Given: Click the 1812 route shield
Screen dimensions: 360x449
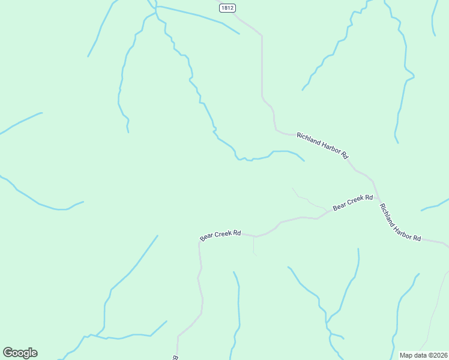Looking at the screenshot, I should pyautogui.click(x=227, y=8).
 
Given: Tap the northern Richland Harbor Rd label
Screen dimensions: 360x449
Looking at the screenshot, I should pyautogui.click(x=322, y=146).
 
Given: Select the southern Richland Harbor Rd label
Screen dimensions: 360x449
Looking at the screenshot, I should pyautogui.click(x=400, y=221).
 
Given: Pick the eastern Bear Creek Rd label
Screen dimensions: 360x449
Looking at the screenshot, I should pyautogui.click(x=353, y=202).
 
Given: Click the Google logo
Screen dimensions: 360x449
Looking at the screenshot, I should pyautogui.click(x=20, y=353).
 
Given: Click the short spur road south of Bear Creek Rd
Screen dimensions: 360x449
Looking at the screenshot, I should pyautogui.click(x=254, y=245).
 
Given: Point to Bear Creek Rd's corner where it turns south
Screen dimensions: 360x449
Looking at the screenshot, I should pyautogui.click(x=199, y=243).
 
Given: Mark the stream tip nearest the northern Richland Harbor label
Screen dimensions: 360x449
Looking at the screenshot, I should pyautogui.click(x=304, y=160).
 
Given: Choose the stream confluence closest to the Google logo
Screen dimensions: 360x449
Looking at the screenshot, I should pyautogui.click(x=86, y=336).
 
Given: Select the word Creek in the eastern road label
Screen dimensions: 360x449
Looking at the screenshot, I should pyautogui.click(x=355, y=201).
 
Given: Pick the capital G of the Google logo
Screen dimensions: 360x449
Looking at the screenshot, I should pyautogui.click(x=8, y=353).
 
